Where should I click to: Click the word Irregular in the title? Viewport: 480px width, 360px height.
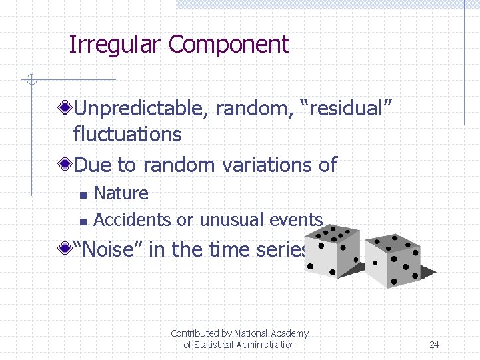coord(115,45)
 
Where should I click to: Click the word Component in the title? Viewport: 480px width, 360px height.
coord(229,45)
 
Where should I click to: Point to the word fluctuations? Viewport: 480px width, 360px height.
coord(127,134)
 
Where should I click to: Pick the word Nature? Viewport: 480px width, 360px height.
coord(121,193)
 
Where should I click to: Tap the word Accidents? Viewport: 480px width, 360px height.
coord(133,219)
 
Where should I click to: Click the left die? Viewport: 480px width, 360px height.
coord(334,251)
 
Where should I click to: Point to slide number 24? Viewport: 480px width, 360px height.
coord(434,345)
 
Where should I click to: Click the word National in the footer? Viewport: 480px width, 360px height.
coord(251,333)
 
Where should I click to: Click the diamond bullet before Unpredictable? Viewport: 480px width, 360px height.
coord(65,107)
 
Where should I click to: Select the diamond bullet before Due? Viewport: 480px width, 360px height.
coord(65,164)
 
